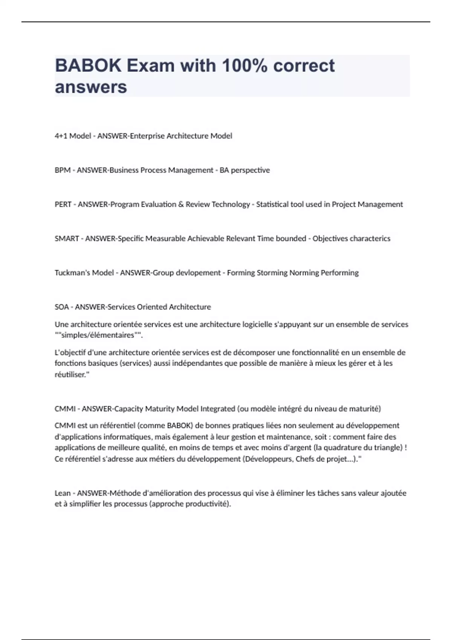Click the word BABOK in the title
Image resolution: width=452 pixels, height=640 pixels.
(87, 66)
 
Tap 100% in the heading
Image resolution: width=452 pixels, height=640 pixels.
(244, 66)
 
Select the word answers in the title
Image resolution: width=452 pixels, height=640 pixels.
(91, 87)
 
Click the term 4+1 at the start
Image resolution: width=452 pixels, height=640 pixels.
(61, 136)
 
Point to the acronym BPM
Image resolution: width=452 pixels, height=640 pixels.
(63, 170)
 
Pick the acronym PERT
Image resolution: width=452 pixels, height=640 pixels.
(63, 204)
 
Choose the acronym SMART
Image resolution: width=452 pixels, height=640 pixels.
(67, 239)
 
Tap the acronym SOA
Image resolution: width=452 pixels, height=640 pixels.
(62, 307)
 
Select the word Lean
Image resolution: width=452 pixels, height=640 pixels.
(63, 493)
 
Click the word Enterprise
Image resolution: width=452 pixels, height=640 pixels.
(147, 136)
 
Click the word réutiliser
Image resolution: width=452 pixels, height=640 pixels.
(71, 375)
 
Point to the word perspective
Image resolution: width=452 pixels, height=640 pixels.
(250, 170)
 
